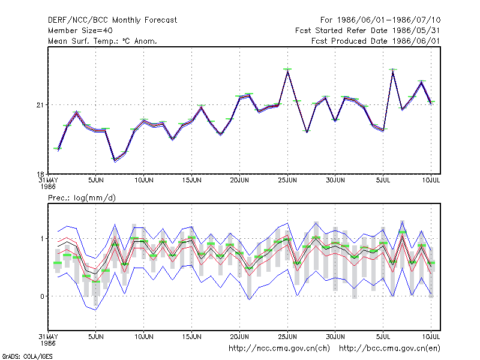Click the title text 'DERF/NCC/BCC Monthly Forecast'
pos(112,20)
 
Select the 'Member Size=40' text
pos(80,31)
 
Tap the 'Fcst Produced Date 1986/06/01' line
pos(376,41)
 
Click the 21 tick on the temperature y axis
pos(40,105)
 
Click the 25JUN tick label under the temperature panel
pos(287,181)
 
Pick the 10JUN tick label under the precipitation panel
pos(144,337)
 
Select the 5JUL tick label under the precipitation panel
pos(383,337)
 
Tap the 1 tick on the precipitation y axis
pos(43,238)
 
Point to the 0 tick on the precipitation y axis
pos(42,296)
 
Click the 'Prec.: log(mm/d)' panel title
pos(82,198)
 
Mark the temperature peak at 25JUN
pos(287,71)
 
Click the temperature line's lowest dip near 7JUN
pos(115,160)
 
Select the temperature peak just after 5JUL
pos(393,71)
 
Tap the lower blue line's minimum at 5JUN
pos(95,310)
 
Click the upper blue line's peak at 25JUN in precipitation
pos(287,223)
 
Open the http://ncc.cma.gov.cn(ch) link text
pos(279,349)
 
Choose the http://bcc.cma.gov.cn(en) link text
pos(389,349)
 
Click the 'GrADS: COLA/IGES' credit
pos(27,356)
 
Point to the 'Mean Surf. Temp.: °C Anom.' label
pos(103,41)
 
